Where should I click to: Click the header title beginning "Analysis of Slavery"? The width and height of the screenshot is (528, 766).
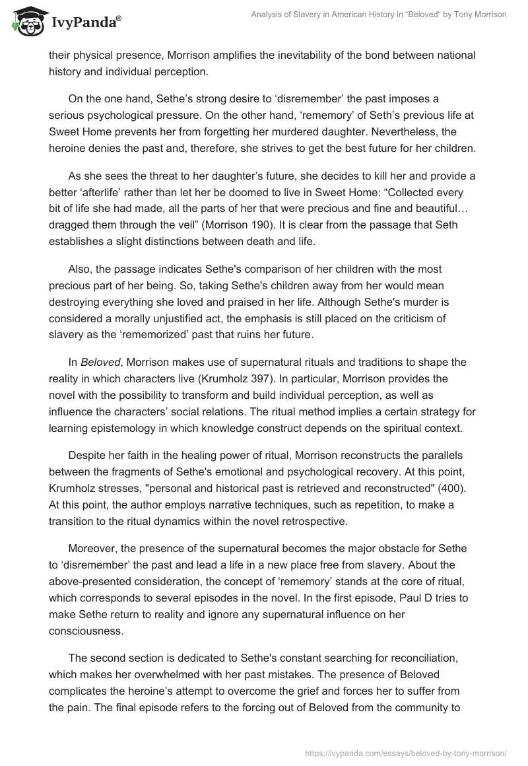click(379, 15)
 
